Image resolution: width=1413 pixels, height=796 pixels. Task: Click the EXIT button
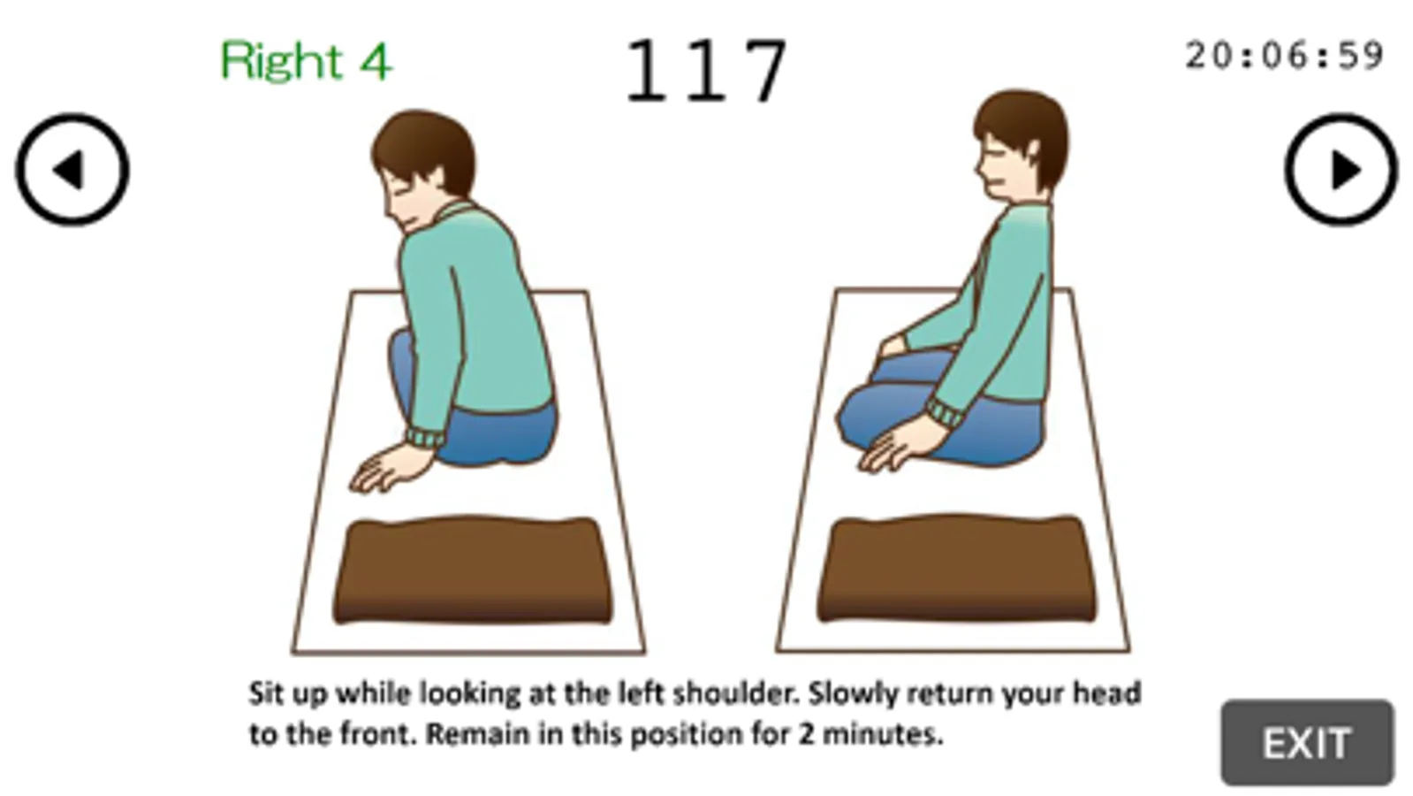(x=1307, y=742)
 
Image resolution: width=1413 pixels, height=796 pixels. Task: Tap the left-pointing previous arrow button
(x=72, y=169)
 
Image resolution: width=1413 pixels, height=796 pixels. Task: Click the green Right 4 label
(x=306, y=60)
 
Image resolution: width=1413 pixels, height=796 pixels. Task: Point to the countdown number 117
(x=707, y=70)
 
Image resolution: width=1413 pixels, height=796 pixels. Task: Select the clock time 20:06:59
(x=1284, y=56)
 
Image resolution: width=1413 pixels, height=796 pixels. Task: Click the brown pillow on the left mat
(x=472, y=570)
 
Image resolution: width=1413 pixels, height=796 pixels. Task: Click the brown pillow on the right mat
(x=957, y=568)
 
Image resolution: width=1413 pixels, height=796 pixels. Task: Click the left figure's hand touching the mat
(x=391, y=468)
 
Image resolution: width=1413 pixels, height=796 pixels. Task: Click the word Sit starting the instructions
(x=265, y=693)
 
